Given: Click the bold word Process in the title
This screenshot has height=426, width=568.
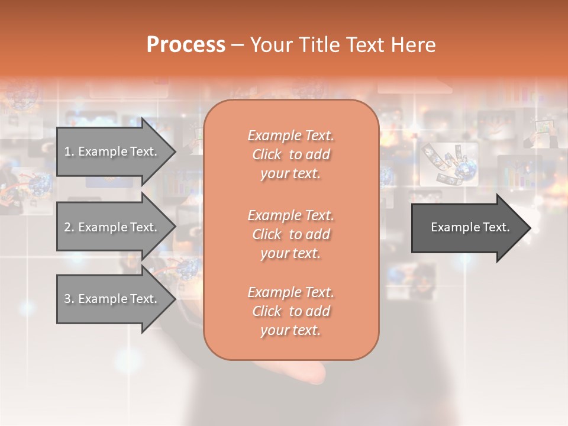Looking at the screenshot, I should (186, 45).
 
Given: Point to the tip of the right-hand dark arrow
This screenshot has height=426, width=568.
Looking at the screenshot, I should (529, 228).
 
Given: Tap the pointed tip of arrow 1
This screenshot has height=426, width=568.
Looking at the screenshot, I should (174, 151).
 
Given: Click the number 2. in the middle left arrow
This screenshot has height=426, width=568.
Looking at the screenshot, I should (69, 227).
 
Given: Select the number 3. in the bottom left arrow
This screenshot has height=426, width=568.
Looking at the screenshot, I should (69, 299).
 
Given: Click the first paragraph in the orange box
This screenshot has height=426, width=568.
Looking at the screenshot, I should (291, 154).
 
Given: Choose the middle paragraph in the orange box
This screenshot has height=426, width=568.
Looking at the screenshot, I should (291, 234).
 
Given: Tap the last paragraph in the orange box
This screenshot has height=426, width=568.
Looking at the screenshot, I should (291, 311).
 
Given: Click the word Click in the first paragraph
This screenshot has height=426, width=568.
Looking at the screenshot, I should (267, 154).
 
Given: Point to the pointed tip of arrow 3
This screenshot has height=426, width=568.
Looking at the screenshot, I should (174, 299).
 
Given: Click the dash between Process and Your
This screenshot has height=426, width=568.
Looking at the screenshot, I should (237, 45).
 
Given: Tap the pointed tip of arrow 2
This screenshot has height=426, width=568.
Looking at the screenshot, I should (174, 227).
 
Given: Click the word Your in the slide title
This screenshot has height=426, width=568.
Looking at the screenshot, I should (273, 45).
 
